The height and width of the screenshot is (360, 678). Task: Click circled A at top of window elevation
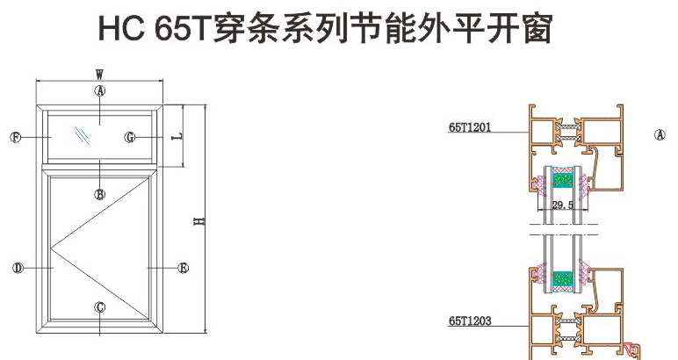tap(100, 90)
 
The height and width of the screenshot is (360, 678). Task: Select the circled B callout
tap(100, 194)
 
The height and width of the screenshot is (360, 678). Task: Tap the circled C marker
tap(100, 306)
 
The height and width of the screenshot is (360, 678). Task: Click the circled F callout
tap(15, 137)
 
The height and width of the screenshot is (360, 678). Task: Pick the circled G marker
tap(130, 138)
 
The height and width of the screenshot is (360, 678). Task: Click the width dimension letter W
tap(100, 74)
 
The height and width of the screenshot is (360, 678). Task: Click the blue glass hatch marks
tap(82, 135)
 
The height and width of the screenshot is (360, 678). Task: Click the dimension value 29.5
tap(563, 205)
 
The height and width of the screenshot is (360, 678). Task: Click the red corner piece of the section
tap(630, 351)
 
